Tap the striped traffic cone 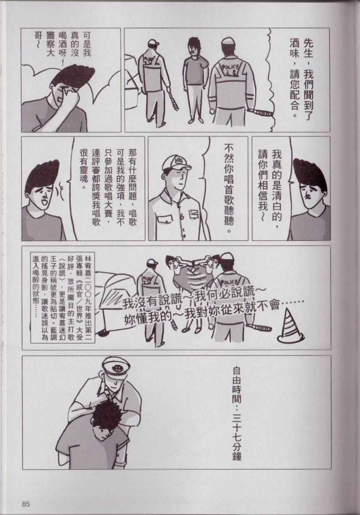click(x=291, y=325)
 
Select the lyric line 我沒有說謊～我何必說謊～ click(x=191, y=298)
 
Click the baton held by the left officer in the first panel click(x=173, y=99)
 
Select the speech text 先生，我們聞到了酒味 click(x=301, y=77)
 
